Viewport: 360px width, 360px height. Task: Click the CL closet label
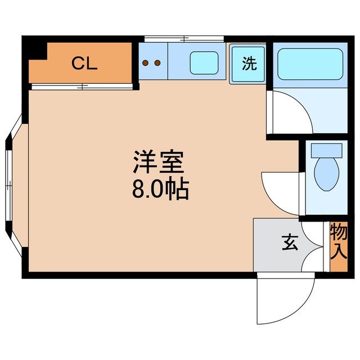84,64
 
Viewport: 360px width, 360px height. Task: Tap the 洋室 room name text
159,164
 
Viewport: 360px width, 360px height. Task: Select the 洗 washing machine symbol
249,64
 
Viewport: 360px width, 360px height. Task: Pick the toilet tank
326,150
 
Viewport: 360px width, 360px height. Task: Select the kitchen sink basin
204,63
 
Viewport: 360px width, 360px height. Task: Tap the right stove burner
159,63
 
